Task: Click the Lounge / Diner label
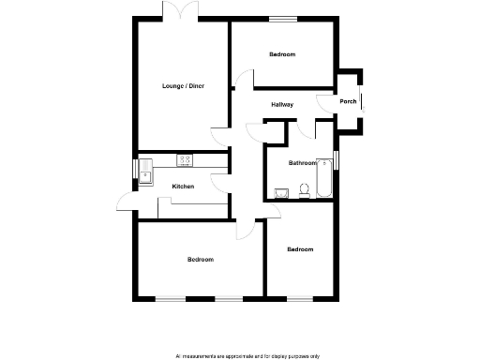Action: tap(184, 86)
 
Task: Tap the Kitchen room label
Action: tap(183, 187)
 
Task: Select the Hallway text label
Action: tap(282, 104)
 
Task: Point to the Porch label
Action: tap(348, 102)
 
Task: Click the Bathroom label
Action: tap(303, 163)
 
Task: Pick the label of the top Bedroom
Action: tap(282, 54)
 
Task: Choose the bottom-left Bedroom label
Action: tap(200, 259)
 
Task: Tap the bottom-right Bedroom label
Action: tap(300, 249)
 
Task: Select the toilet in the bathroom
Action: tap(304, 191)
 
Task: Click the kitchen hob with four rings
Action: tap(185, 160)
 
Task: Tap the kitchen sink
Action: tap(147, 173)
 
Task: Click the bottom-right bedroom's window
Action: tap(300, 298)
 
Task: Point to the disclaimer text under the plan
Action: tap(247, 355)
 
